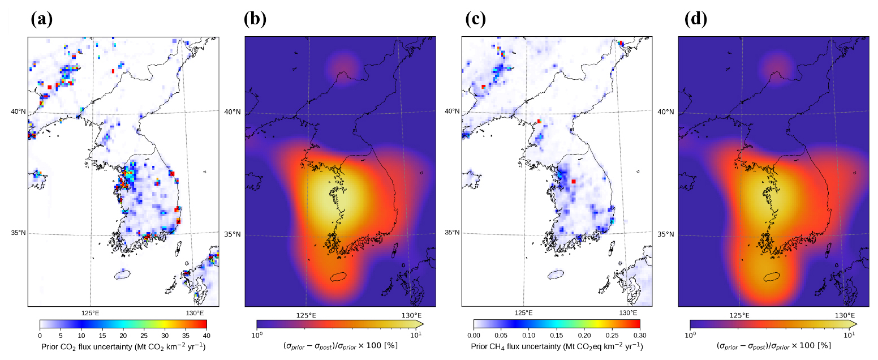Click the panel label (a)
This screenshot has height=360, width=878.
pyautogui.click(x=41, y=19)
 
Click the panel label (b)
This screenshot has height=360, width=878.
pyautogui.click(x=255, y=19)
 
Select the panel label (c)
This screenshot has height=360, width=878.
pyautogui.click(x=475, y=19)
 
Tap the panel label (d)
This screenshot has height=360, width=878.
pyautogui.click(x=696, y=19)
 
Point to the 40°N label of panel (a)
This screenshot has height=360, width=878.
pyautogui.click(x=18, y=112)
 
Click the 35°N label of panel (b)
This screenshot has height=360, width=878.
pyautogui.click(x=231, y=234)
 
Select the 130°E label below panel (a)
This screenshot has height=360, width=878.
pyautogui.click(x=195, y=313)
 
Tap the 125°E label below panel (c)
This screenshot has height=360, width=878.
pyautogui.click(x=523, y=313)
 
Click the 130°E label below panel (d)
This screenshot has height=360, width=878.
pyautogui.click(x=845, y=315)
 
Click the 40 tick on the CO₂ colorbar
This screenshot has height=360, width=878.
pyautogui.click(x=206, y=336)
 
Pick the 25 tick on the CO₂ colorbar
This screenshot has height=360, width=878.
pyautogui.click(x=144, y=336)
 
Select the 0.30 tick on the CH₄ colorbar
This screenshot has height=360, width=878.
pyautogui.click(x=640, y=336)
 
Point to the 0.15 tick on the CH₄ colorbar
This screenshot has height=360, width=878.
pyautogui.click(x=556, y=336)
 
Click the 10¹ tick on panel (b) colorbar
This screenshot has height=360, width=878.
pyautogui.click(x=416, y=335)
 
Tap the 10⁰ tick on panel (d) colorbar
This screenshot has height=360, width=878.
pyautogui.click(x=690, y=335)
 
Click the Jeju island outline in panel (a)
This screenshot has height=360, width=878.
pyautogui.click(x=122, y=275)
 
